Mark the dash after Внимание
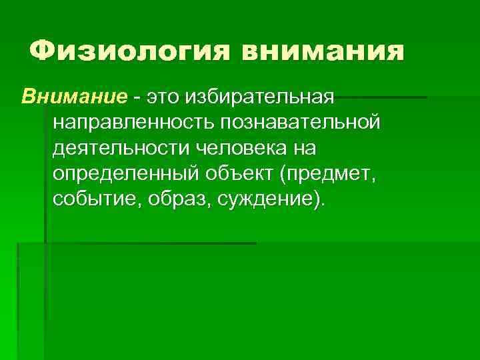pos(137,99)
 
